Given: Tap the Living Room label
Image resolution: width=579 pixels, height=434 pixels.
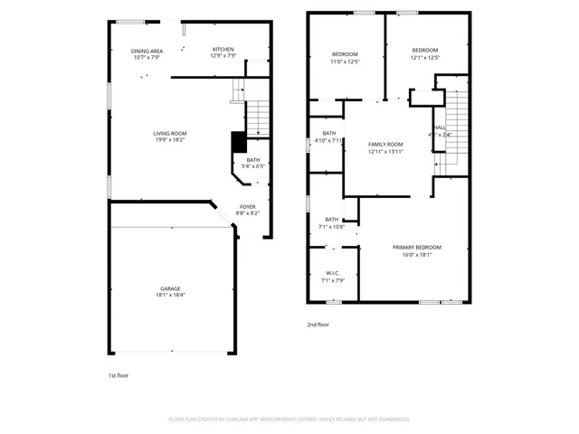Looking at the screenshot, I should click(169, 134).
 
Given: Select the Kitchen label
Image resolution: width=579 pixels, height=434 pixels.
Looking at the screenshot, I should click(223, 50).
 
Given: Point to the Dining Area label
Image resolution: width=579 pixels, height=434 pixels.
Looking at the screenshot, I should click(147, 51).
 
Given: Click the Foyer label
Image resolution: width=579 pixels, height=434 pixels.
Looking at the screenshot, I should click(247, 207).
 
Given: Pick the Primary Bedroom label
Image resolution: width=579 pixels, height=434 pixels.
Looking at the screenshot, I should click(416, 247).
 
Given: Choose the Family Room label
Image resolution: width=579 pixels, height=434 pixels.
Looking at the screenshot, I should click(385, 145).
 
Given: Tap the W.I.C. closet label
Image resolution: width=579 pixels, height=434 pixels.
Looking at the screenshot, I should click(332, 274).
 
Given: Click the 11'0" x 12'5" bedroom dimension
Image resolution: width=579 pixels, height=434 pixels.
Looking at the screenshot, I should click(345, 61).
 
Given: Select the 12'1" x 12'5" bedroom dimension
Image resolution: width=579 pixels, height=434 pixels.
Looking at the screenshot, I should click(424, 58).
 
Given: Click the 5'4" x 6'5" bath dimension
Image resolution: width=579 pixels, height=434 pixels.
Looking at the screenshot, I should click(252, 166).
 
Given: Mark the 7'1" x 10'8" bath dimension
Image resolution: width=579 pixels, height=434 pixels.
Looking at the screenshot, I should click(332, 226).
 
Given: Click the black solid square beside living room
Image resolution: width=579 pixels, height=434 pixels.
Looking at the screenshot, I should click(239, 142).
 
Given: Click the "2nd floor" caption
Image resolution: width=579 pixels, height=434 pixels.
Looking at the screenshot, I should click(318, 324).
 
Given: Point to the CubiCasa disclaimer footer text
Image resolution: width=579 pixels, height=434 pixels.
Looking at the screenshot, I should click(289, 420).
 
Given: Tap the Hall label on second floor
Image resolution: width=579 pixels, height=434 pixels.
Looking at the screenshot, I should click(441, 127).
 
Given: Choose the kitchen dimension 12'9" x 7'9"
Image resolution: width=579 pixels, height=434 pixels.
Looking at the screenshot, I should click(223, 57).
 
